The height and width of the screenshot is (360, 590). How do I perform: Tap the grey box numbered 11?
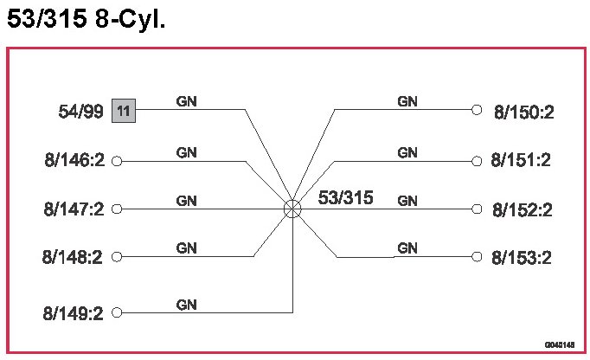coord(123,111)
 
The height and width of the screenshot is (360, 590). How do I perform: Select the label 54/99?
coord(80,112)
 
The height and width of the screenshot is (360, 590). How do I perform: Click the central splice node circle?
coord(292,209)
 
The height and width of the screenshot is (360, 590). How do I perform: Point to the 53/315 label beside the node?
coord(345,198)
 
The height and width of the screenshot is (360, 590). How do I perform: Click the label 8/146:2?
coord(74,160)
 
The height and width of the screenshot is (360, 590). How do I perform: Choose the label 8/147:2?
coord(74,209)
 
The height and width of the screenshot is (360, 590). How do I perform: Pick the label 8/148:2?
coord(74,257)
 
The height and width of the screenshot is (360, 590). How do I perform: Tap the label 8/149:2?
coord(74,312)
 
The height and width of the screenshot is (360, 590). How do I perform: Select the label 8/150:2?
coord(523,111)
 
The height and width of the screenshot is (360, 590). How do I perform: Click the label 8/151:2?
coord(521,160)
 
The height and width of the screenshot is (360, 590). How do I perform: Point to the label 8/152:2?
coord(522,209)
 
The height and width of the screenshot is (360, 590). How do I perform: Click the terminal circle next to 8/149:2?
coord(118,312)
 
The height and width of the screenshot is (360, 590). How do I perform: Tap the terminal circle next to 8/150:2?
coord(476,110)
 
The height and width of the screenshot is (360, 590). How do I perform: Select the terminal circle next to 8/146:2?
coord(118,160)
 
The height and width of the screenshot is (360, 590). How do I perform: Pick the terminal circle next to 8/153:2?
coord(476,257)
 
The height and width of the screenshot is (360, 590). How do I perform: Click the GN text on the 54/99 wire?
coord(186,101)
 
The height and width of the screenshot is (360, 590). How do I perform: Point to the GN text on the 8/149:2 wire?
coord(186,305)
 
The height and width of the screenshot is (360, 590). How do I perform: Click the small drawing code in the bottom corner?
coord(560,344)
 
